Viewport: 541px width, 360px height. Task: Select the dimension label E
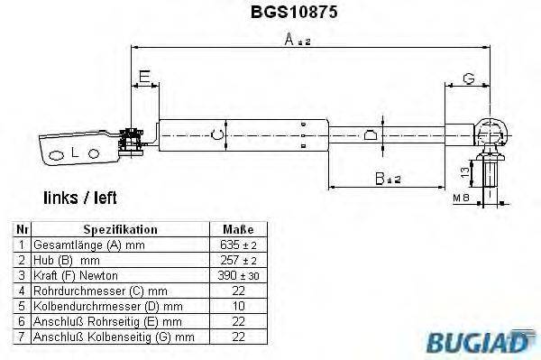pyautogui.click(x=144, y=80)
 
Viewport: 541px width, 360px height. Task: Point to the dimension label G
pyautogui.click(x=467, y=80)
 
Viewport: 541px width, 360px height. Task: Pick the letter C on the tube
pyautogui.click(x=213, y=136)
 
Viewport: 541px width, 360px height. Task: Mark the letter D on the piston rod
pyautogui.click(x=370, y=137)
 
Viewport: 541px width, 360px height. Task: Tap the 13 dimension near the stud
pyautogui.click(x=463, y=171)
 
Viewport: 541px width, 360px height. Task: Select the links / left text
pyautogui.click(x=80, y=197)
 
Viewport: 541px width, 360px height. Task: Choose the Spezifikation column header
pyautogui.click(x=120, y=229)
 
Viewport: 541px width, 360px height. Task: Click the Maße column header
pyautogui.click(x=237, y=229)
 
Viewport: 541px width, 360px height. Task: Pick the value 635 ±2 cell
pyautogui.click(x=237, y=245)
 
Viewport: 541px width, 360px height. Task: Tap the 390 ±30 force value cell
pyautogui.click(x=237, y=274)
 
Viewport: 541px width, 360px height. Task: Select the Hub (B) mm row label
pyautogui.click(x=69, y=260)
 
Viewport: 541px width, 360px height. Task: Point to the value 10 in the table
pyautogui.click(x=236, y=305)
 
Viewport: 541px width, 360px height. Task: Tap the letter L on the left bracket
pyautogui.click(x=75, y=154)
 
